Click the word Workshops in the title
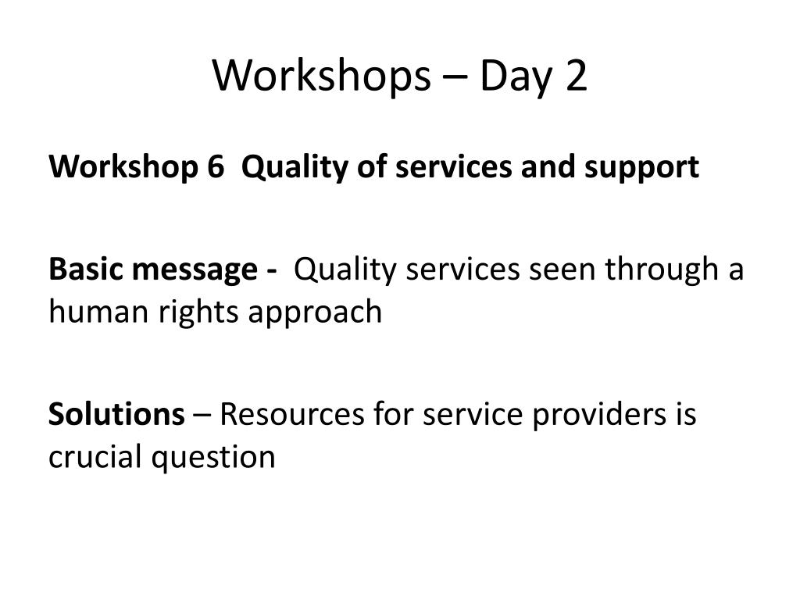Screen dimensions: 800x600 321,76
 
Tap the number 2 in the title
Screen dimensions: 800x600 576,76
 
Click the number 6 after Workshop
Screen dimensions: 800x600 216,167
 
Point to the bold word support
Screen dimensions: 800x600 641,170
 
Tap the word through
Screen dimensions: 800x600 662,270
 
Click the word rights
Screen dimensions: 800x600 198,313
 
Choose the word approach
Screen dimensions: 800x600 315,313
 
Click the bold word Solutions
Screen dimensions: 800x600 117,413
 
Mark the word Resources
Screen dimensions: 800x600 292,414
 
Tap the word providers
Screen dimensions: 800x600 599,416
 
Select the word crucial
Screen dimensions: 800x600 95,456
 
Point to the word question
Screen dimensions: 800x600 213,458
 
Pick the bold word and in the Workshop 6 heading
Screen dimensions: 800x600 548,167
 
